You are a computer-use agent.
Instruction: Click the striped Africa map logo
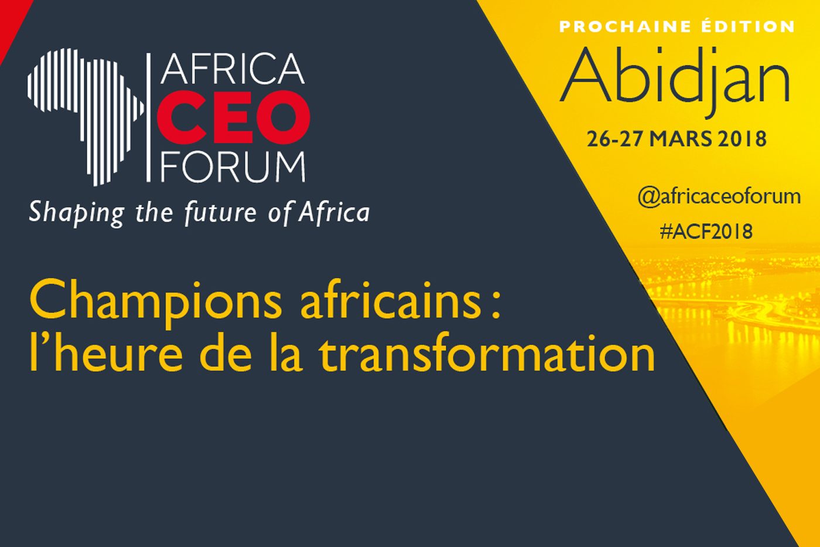click(x=86, y=117)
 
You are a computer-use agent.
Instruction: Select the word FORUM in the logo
click(x=233, y=167)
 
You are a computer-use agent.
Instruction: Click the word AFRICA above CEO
click(x=233, y=70)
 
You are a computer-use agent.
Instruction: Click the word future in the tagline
click(x=221, y=212)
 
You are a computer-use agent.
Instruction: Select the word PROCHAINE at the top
click(x=626, y=27)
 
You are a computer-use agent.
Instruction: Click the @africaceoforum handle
click(x=719, y=196)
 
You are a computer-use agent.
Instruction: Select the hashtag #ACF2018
click(x=706, y=232)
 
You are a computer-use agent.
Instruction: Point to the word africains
click(x=390, y=305)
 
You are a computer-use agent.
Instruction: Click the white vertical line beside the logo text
click(x=149, y=117)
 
